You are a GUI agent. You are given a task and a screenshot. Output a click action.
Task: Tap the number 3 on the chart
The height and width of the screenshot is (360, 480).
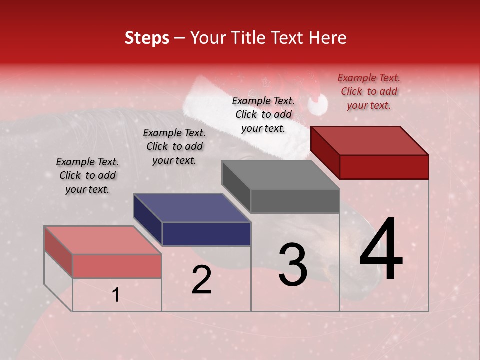[292, 264]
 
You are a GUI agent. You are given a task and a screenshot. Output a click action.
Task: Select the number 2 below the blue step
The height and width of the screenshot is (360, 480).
[201, 280]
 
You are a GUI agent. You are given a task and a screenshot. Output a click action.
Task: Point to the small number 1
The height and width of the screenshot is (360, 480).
[115, 295]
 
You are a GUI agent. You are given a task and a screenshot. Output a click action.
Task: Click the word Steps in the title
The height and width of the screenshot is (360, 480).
[147, 38]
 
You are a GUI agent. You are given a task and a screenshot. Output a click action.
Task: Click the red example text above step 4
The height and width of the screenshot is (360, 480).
[369, 91]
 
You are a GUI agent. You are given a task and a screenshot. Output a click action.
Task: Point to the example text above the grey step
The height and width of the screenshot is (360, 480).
[263, 114]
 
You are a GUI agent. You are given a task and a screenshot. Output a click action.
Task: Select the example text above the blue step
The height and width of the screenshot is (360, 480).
[174, 146]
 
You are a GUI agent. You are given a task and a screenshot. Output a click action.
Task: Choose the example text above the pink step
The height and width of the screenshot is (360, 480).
[87, 175]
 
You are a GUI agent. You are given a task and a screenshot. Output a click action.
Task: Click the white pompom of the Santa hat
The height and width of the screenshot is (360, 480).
[317, 105]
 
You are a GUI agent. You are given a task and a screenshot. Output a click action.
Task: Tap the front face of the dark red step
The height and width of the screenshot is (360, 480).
[384, 167]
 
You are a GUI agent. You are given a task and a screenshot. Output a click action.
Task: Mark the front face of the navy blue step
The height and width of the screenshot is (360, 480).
[206, 234]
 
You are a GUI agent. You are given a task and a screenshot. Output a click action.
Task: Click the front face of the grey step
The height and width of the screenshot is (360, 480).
[295, 201]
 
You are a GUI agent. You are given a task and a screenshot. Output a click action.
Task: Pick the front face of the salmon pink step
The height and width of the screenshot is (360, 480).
[117, 266]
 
